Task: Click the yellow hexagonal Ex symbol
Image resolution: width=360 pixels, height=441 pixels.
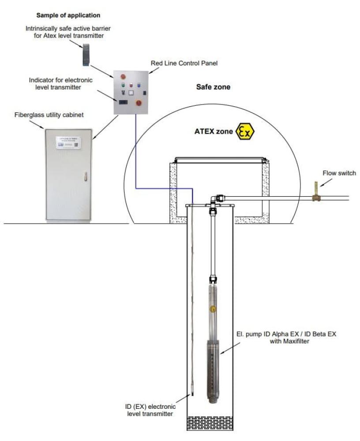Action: pos(245,131)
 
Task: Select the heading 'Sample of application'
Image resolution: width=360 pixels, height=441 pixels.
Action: pos(68,15)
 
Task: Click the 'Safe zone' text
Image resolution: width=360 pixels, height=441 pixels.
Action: pos(213,87)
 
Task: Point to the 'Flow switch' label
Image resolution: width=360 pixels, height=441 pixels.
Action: pos(333,173)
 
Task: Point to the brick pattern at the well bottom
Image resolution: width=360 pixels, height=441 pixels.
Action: pos(210,422)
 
